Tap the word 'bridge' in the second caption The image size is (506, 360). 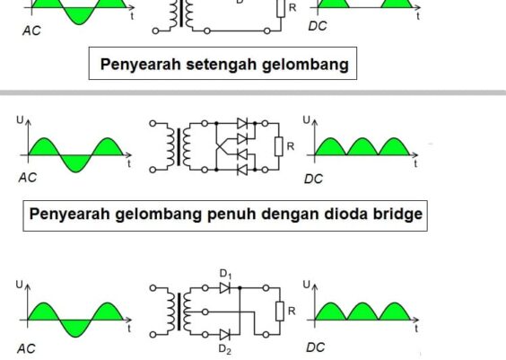coord(392,215)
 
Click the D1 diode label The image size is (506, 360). coord(225,273)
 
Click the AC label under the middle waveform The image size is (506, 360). coord(28,178)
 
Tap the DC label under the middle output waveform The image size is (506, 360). coord(313,179)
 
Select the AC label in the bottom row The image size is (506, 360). coord(28,347)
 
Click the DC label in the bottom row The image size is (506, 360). coord(313,347)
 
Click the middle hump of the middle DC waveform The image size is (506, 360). coord(362,145)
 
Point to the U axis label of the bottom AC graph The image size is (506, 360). coord(17,284)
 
